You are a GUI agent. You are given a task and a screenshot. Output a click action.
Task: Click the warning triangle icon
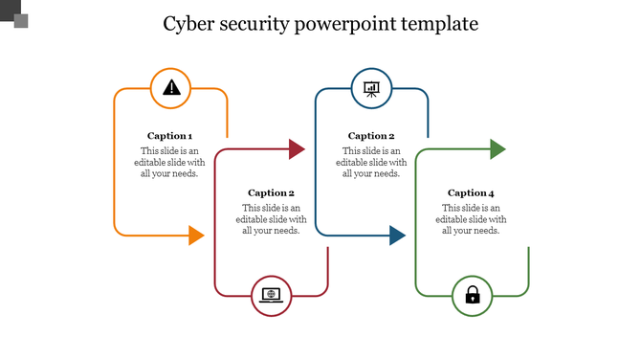pyautogui.click(x=171, y=88)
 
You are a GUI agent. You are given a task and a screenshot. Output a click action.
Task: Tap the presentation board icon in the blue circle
pyautogui.click(x=371, y=88)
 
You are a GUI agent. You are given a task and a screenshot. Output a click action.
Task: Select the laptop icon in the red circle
pyautogui.click(x=272, y=295)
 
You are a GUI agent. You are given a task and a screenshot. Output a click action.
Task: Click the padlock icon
pyautogui.click(x=472, y=295)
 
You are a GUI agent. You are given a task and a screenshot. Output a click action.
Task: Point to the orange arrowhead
pyautogui.click(x=196, y=235)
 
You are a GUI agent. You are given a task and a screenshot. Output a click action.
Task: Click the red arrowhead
pyautogui.click(x=297, y=148)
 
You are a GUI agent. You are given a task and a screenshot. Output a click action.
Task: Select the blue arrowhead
pyautogui.click(x=397, y=235)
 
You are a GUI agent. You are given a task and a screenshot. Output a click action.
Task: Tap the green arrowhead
pyautogui.click(x=497, y=148)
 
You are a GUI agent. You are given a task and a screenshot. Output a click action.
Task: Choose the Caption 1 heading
pyautogui.click(x=170, y=136)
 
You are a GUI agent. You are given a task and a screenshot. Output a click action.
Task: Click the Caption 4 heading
pyautogui.click(x=471, y=193)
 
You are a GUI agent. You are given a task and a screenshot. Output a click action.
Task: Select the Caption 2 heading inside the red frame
pyautogui.click(x=271, y=193)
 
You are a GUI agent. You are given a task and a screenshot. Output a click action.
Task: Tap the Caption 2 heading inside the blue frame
pyautogui.click(x=371, y=136)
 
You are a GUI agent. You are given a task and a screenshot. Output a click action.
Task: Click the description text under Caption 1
pyautogui.click(x=170, y=162)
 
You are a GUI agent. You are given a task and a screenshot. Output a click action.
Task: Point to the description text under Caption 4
pyautogui.click(x=471, y=219)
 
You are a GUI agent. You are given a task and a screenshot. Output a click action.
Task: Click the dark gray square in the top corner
pyautogui.click(x=8, y=9)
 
